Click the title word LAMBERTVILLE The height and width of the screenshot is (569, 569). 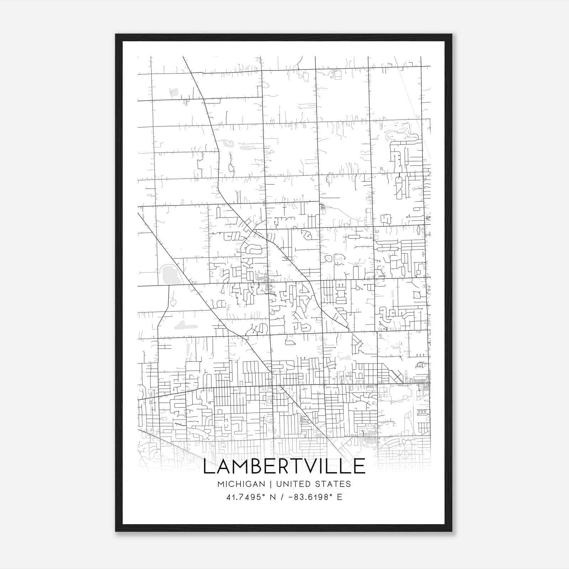click(284, 466)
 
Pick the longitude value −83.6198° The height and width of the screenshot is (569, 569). click(307, 497)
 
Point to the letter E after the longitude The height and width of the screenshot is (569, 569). click(339, 497)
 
